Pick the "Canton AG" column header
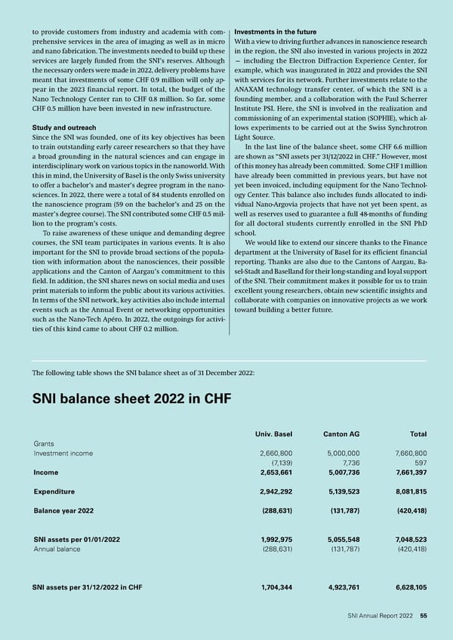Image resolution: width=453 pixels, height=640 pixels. tap(345, 432)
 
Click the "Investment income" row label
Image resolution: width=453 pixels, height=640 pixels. tap(63, 453)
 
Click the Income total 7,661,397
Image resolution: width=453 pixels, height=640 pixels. tap(410, 472)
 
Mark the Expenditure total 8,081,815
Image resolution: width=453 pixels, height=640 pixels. tap(410, 491)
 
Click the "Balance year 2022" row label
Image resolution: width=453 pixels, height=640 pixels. tap(63, 511)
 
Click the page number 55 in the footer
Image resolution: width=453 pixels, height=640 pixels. tap(424, 617)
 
